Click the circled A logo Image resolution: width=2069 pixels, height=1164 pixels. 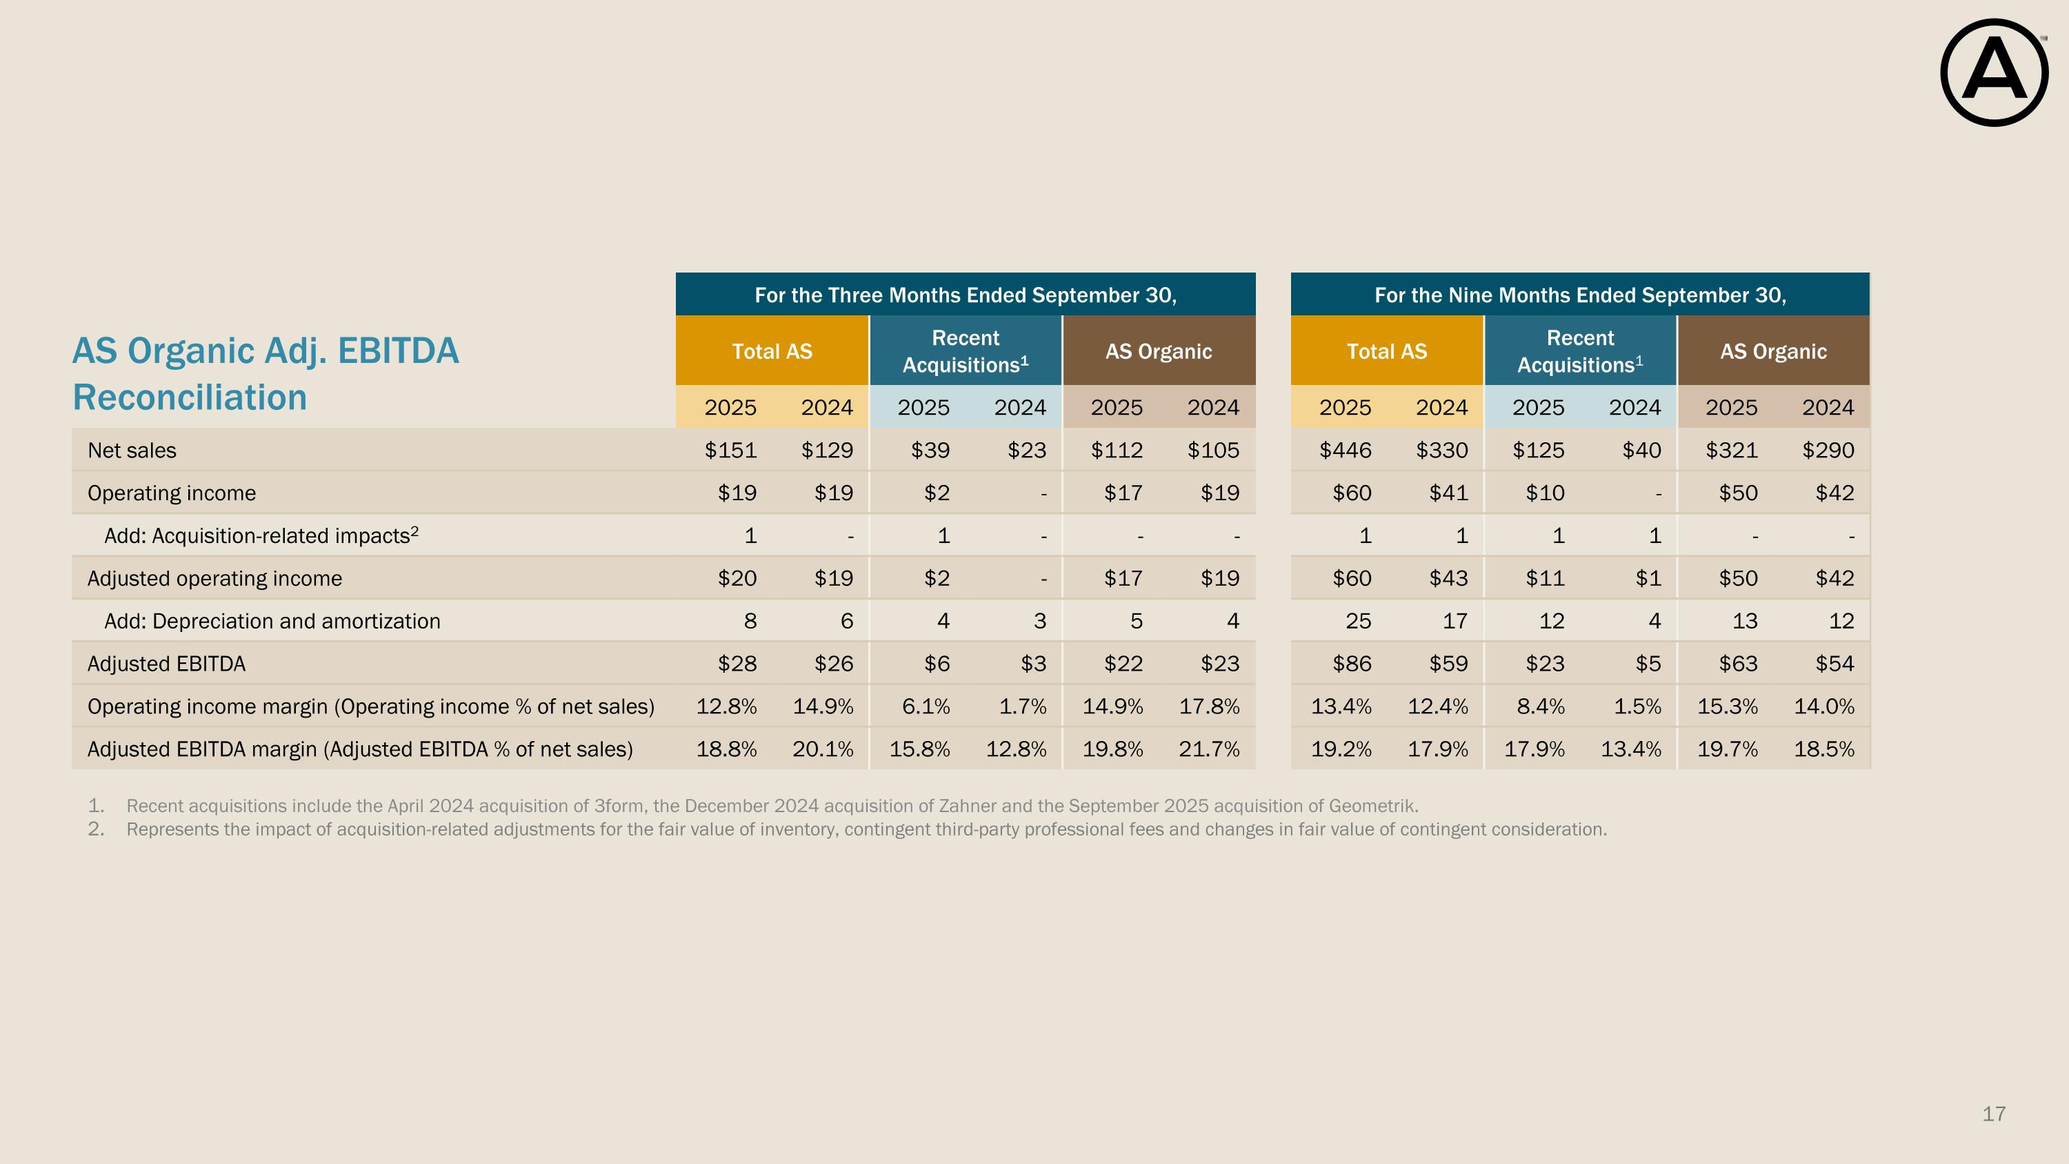1994,73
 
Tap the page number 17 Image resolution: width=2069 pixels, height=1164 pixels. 1994,1114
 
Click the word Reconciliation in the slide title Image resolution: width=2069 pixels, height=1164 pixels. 190,397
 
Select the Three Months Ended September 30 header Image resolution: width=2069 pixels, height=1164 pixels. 965,295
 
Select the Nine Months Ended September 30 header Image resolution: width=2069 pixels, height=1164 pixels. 1580,295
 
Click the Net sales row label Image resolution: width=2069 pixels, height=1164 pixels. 132,450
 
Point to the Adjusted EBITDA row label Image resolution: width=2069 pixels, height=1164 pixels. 166,664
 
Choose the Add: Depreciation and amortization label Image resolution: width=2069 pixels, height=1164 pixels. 272,621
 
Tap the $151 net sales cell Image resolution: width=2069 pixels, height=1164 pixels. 730,450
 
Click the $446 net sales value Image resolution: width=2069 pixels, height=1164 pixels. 1346,450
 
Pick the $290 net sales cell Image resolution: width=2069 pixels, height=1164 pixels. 1828,450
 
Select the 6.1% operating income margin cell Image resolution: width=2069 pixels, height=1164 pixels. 926,706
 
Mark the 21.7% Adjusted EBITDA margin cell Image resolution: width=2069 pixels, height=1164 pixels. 1209,749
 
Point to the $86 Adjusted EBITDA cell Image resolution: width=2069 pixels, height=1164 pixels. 1352,664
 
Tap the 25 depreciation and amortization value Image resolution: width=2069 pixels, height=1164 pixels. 1358,621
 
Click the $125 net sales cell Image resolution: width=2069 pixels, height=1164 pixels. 1538,450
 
